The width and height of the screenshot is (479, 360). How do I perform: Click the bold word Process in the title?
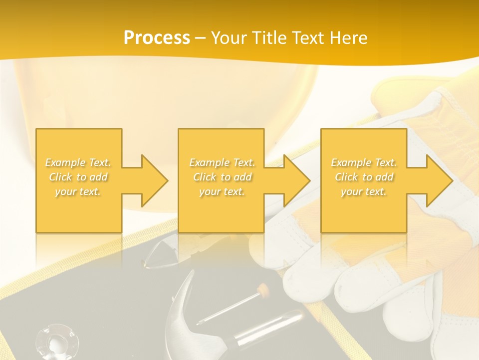pyautogui.click(x=157, y=37)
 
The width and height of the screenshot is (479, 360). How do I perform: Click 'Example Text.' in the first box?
pyautogui.click(x=78, y=162)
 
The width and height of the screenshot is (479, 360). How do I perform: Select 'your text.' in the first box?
pyautogui.click(x=78, y=191)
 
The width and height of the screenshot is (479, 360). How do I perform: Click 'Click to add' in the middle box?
pyautogui.click(x=222, y=177)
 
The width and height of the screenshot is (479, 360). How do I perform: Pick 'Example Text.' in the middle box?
pyautogui.click(x=222, y=162)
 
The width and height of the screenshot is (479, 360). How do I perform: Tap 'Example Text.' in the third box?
pyautogui.click(x=364, y=162)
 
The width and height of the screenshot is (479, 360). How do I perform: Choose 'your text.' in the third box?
pyautogui.click(x=364, y=191)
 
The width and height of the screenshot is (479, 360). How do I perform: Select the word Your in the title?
pyautogui.click(x=228, y=37)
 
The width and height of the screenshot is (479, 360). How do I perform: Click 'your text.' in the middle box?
pyautogui.click(x=222, y=191)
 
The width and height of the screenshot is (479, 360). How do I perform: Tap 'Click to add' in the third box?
pyautogui.click(x=364, y=177)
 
